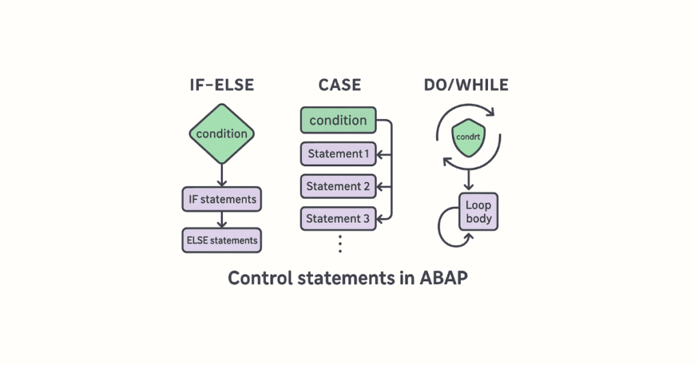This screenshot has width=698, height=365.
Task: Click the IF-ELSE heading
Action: pos(222,85)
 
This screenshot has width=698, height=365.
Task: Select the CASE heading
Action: pos(339,85)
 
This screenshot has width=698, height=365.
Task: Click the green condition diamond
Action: pos(222,133)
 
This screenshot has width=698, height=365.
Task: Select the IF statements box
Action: pos(222,200)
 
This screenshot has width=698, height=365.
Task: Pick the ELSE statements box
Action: pos(222,240)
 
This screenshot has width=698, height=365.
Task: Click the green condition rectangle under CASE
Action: pos(338,121)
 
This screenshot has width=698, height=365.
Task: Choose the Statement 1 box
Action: pos(338,154)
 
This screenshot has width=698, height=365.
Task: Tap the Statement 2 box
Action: pos(338,187)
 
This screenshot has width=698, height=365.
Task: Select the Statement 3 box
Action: pos(338,219)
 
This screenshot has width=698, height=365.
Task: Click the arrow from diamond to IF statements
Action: pos(222,175)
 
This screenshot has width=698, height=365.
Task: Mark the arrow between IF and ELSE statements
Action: pos(222,220)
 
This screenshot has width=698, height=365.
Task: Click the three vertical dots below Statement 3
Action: pos(339,244)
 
